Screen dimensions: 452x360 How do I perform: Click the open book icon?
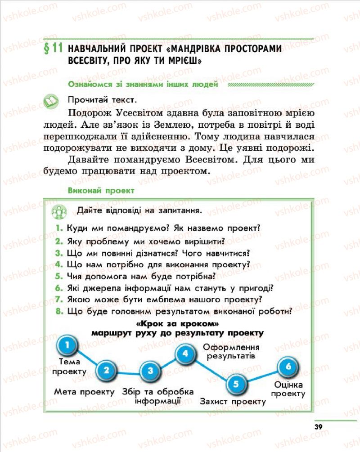point(51,100)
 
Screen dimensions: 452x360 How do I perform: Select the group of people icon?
point(59,211)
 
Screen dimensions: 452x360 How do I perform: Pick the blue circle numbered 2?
point(106,371)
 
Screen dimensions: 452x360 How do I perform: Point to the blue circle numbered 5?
point(236,384)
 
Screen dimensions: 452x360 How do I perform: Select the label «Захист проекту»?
point(233,402)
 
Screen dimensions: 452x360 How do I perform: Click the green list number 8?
point(59,311)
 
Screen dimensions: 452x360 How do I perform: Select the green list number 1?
point(59,228)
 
